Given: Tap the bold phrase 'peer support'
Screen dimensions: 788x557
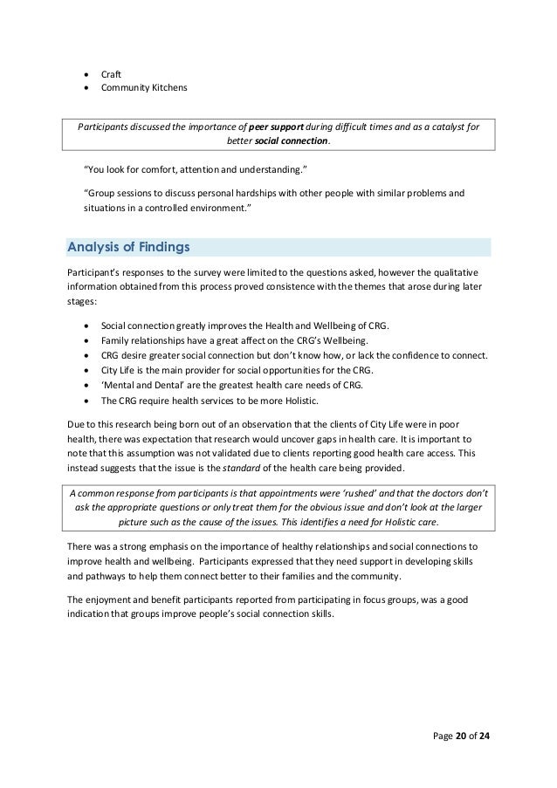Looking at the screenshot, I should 275,126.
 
